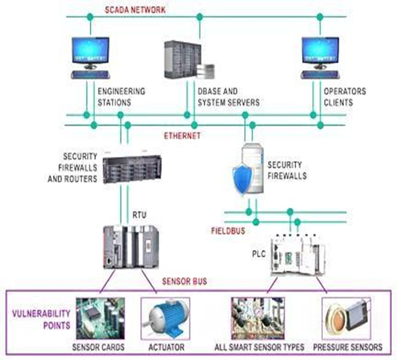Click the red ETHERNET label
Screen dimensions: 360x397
click(182, 135)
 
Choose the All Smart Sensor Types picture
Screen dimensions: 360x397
click(258, 317)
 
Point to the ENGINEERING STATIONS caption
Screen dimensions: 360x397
click(121, 96)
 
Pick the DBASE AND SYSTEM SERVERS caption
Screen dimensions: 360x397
click(228, 96)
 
